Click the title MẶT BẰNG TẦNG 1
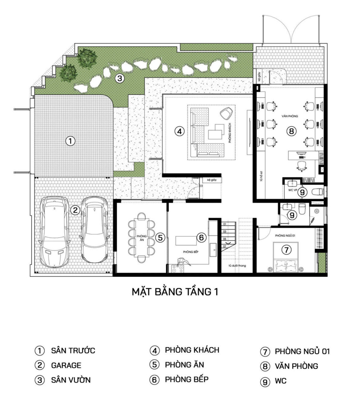(x=175, y=292)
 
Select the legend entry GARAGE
(x=66, y=365)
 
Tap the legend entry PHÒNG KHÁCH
(x=192, y=350)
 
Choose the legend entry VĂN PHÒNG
(x=296, y=366)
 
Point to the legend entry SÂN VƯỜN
(x=71, y=380)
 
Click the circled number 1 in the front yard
(x=70, y=141)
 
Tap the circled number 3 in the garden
(x=119, y=79)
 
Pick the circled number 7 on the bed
(x=286, y=249)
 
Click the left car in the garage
(x=56, y=231)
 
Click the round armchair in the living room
(x=226, y=114)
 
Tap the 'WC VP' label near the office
(x=291, y=190)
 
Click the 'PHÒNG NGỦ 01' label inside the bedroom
(x=285, y=236)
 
